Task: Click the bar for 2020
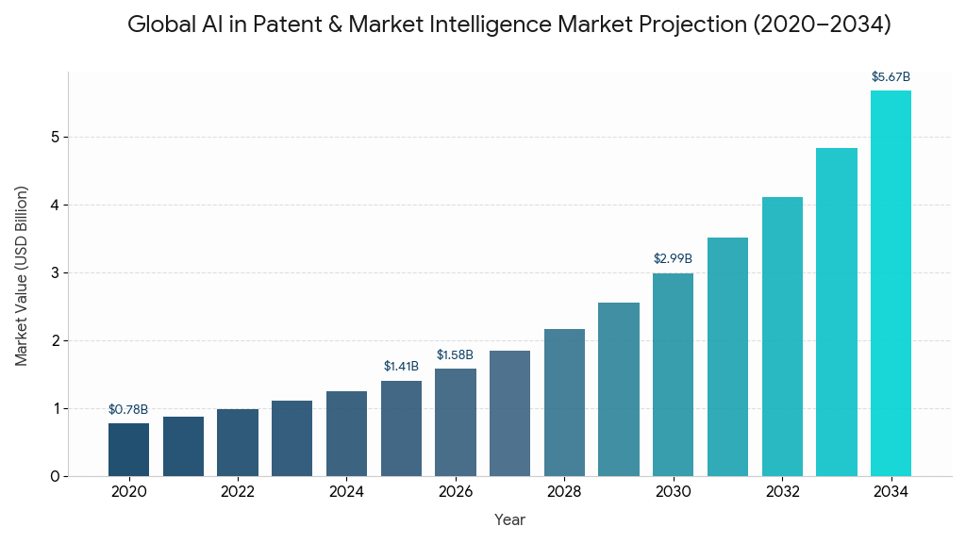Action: [128, 450]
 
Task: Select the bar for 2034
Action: [891, 283]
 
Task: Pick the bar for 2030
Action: [673, 374]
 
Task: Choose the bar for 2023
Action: [291, 438]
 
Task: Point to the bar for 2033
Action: [837, 312]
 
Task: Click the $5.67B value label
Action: [891, 76]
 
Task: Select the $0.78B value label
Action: [128, 409]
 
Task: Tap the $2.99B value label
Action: [673, 258]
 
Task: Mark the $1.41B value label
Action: [401, 366]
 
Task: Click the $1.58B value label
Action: [455, 354]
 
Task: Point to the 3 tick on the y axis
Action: [55, 273]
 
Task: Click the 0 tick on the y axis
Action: [55, 476]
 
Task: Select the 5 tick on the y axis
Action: [55, 138]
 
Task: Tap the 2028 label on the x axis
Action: [564, 492]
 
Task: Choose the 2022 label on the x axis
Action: [238, 492]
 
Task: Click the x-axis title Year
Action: [509, 519]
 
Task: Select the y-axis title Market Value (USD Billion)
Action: [22, 275]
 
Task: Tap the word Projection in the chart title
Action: [691, 25]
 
